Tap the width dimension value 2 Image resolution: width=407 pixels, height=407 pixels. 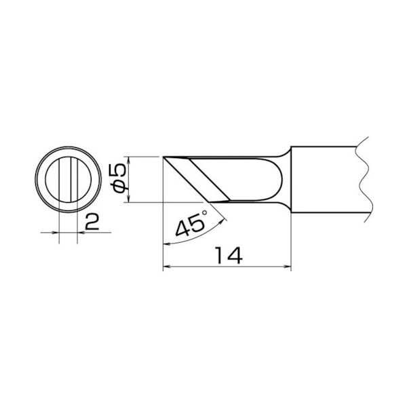(94, 222)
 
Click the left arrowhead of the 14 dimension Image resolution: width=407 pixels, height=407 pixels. (168, 267)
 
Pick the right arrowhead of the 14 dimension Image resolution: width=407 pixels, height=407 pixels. (288, 267)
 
